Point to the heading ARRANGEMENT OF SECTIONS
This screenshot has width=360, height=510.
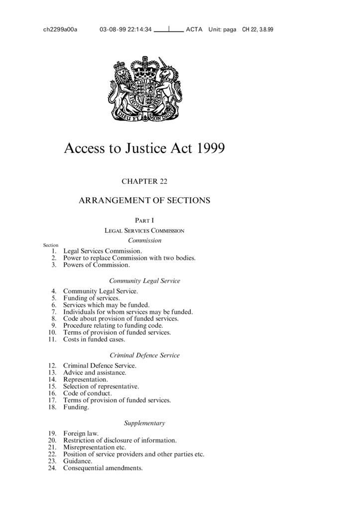pyautogui.click(x=144, y=201)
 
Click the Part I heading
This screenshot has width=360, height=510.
pyautogui.click(x=144, y=220)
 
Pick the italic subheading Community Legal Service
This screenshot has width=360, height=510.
pyautogui.click(x=144, y=281)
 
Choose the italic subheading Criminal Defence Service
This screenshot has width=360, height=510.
pyautogui.click(x=144, y=356)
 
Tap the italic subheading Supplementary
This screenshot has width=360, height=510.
pyautogui.click(x=144, y=423)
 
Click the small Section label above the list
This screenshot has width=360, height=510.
pyautogui.click(x=51, y=245)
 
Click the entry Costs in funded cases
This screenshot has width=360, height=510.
pyautogui.click(x=94, y=339)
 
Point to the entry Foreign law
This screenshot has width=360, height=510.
pyautogui.click(x=81, y=433)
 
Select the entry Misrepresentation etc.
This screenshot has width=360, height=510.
pyautogui.click(x=95, y=447)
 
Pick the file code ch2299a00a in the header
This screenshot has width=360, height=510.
pyautogui.click(x=60, y=29)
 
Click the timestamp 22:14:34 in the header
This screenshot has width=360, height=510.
pyautogui.click(x=137, y=29)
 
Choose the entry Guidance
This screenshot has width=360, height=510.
pyautogui.click(x=78, y=461)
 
